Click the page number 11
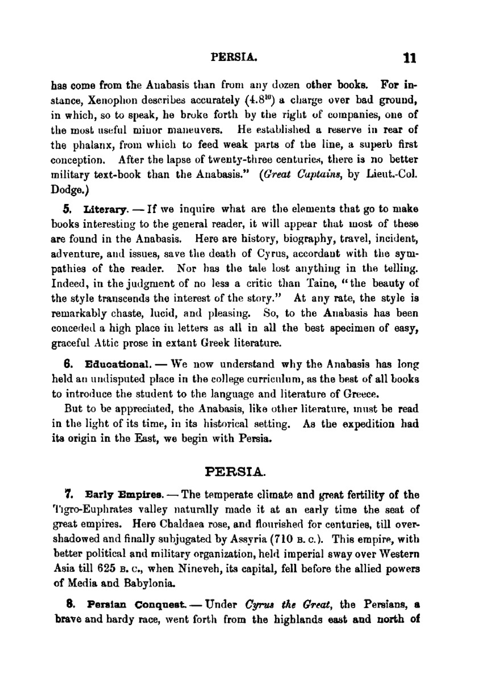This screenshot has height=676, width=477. [x=409, y=58]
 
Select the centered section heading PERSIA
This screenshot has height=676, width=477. [x=235, y=472]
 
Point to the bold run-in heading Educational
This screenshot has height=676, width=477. [x=118, y=365]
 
